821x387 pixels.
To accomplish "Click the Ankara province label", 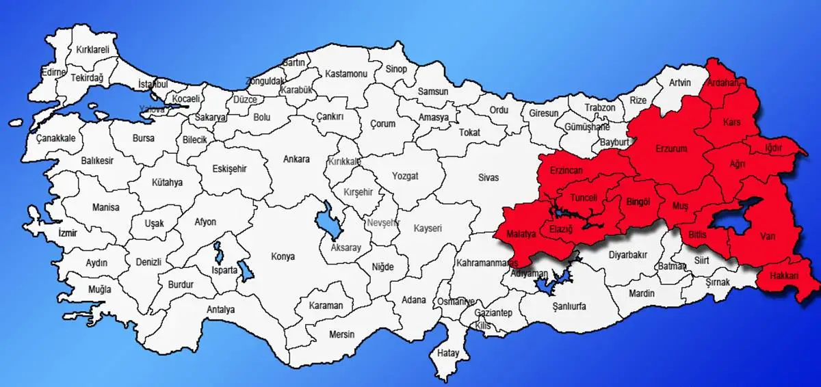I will point(297,159).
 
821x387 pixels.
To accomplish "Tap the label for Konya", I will point(283,256).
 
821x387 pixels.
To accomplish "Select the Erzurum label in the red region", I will point(670,148).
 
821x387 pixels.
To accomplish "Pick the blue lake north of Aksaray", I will point(324,220).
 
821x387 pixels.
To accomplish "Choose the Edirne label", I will point(53,72).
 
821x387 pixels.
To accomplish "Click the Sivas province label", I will point(488,177).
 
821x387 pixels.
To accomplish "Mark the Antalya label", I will point(220,310).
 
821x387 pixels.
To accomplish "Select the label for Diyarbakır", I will point(627,254).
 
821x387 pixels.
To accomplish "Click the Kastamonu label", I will point(347,73).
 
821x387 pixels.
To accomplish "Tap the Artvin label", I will point(680,83).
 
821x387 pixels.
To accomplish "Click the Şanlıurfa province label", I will point(569,306).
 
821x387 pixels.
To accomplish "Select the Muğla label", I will point(99,289).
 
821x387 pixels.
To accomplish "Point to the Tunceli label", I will point(584,198).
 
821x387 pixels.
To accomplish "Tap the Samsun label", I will point(433,92).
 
